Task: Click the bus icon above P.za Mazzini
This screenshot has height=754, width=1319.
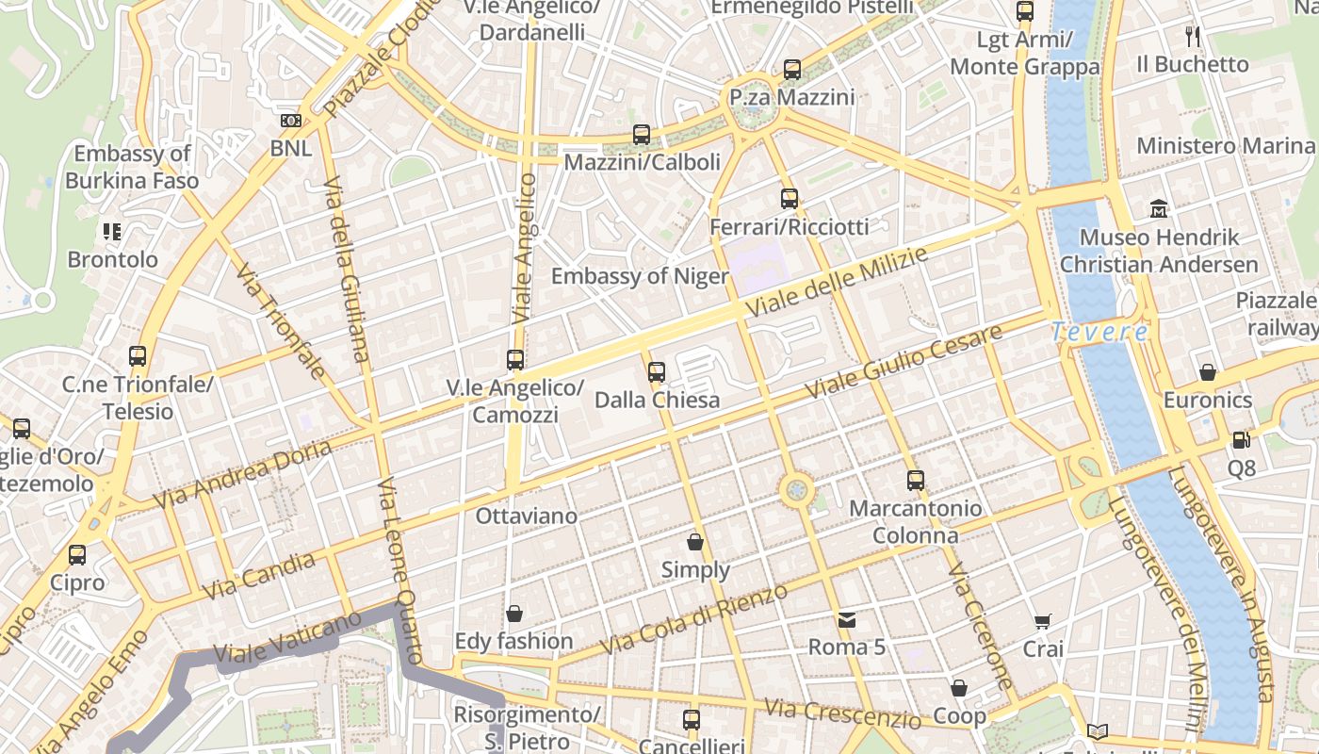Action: [792, 69]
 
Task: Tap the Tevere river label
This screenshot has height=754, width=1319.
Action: [1099, 332]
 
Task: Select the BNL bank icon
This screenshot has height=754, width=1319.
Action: [291, 121]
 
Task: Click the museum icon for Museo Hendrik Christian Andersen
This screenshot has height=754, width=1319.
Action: [1159, 208]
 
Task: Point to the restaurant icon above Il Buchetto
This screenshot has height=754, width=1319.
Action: [1193, 37]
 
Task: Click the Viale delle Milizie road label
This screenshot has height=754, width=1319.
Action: [836, 283]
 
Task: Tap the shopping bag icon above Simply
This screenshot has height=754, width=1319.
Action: [695, 542]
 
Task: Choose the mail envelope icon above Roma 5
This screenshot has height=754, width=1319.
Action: [847, 619]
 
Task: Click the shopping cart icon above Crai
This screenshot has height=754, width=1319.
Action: [1042, 621]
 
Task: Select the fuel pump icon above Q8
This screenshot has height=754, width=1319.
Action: [1241, 440]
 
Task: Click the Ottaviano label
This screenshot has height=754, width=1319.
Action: [526, 516]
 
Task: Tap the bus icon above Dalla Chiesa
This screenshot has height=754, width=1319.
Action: [657, 371]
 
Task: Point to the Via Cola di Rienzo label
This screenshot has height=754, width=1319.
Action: [693, 620]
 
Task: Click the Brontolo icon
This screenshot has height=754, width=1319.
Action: [112, 231]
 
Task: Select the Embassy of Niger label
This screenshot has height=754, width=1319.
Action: [640, 276]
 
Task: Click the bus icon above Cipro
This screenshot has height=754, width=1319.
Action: [77, 554]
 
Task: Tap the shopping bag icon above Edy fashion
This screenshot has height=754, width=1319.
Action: [514, 614]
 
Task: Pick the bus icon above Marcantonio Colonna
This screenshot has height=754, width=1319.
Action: [915, 480]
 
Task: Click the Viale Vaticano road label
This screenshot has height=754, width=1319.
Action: [286, 637]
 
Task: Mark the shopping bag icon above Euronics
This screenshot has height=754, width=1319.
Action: [1208, 372]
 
